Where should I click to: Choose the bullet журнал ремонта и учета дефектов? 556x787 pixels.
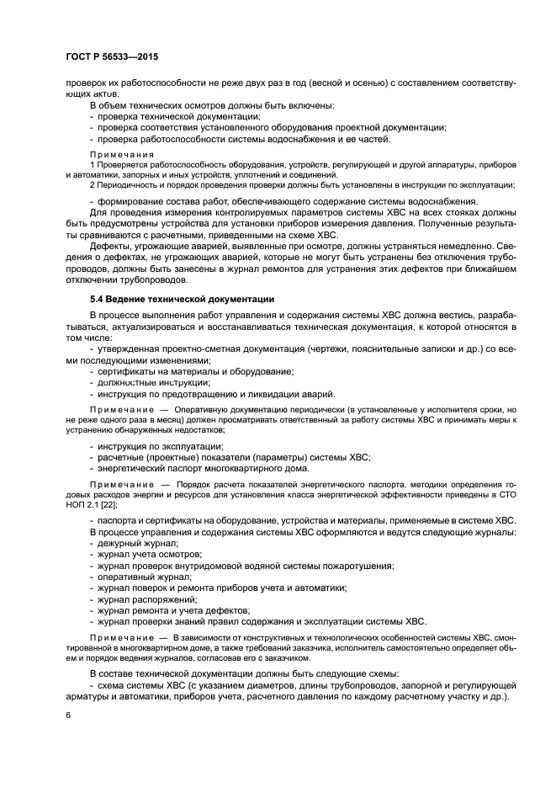(173, 609)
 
